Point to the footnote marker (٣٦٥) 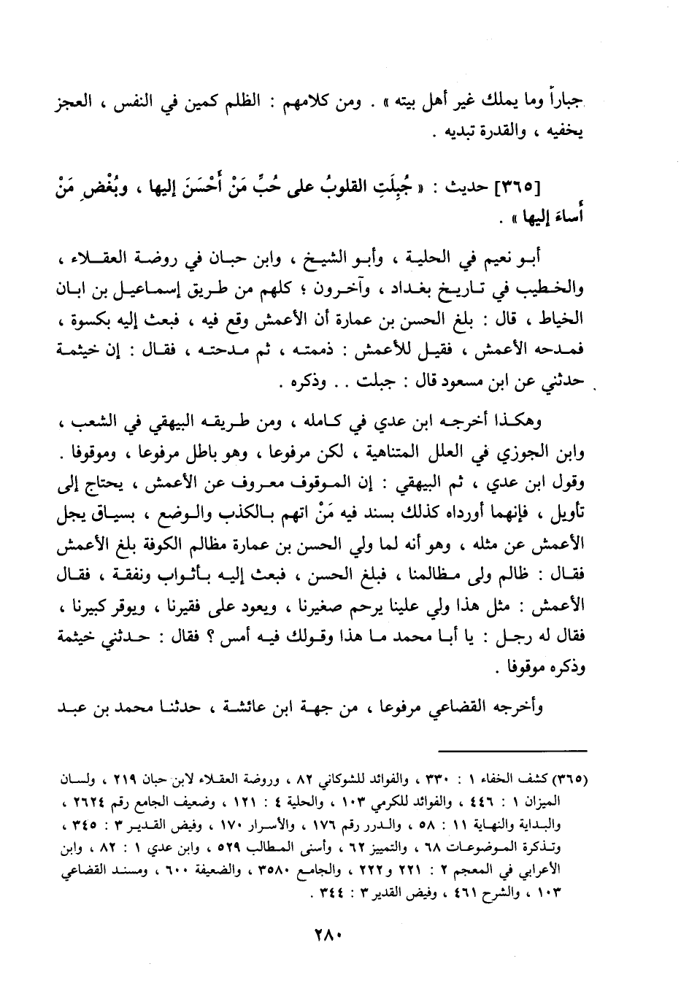572,775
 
